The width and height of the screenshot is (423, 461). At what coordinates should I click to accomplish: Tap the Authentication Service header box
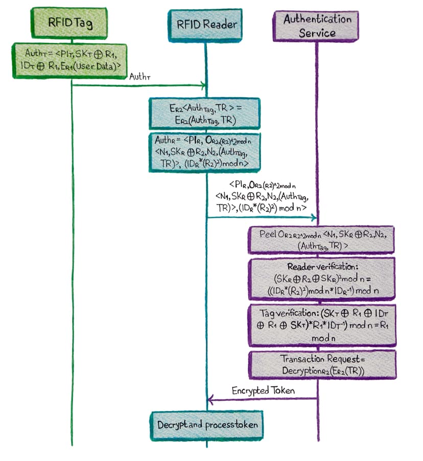[317, 26]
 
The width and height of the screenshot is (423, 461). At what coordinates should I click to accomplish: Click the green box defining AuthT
[69, 60]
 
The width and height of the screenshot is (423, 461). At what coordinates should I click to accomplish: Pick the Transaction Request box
[322, 364]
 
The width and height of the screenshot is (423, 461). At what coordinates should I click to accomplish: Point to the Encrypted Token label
[263, 391]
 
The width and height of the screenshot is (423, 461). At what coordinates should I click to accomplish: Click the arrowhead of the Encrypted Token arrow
[209, 399]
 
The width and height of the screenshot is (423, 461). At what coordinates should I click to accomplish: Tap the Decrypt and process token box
[207, 425]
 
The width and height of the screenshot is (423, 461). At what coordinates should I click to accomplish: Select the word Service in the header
[317, 33]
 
